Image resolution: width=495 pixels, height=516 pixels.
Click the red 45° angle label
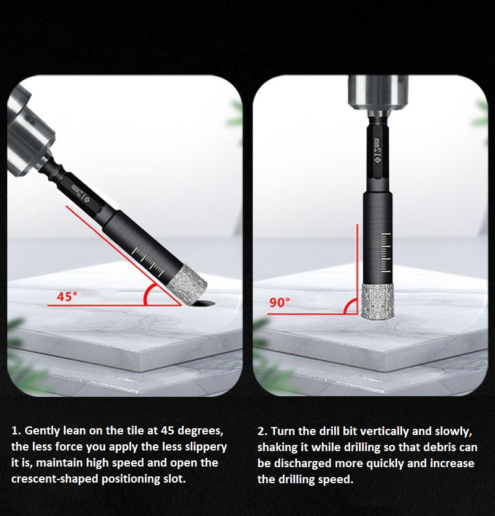(x=67, y=297)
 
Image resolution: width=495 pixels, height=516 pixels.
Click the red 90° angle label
(x=280, y=303)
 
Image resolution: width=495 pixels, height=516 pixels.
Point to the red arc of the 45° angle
(x=145, y=294)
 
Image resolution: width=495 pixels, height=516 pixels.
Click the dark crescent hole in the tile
(x=204, y=303)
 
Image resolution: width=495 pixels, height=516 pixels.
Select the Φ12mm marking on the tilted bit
(x=80, y=194)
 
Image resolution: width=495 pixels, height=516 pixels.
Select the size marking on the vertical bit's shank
(x=377, y=150)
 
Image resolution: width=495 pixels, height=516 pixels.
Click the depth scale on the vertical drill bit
(x=386, y=253)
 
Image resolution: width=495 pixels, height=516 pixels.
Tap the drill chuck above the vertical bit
(x=378, y=96)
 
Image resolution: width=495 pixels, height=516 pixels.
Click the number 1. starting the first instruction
(x=16, y=431)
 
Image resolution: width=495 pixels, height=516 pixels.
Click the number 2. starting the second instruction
(x=262, y=431)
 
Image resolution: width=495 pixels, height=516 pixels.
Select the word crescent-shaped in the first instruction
(x=54, y=479)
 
